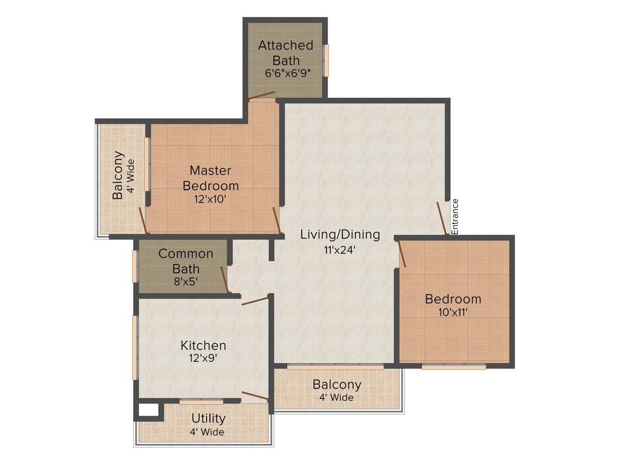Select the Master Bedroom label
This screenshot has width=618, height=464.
[x=211, y=178]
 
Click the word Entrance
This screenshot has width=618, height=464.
[x=456, y=216]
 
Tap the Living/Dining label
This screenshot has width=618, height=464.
[x=340, y=234]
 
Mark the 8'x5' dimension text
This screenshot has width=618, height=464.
[x=186, y=282]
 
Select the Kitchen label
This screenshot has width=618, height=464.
[x=203, y=346]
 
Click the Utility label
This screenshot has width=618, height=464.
[x=208, y=418]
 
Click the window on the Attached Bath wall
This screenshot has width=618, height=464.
[x=327, y=60]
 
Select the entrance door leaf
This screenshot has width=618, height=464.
[x=442, y=218]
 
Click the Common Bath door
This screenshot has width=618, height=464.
[x=224, y=279]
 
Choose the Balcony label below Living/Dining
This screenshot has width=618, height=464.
[x=337, y=385]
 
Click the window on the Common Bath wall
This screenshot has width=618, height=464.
[x=135, y=266]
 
